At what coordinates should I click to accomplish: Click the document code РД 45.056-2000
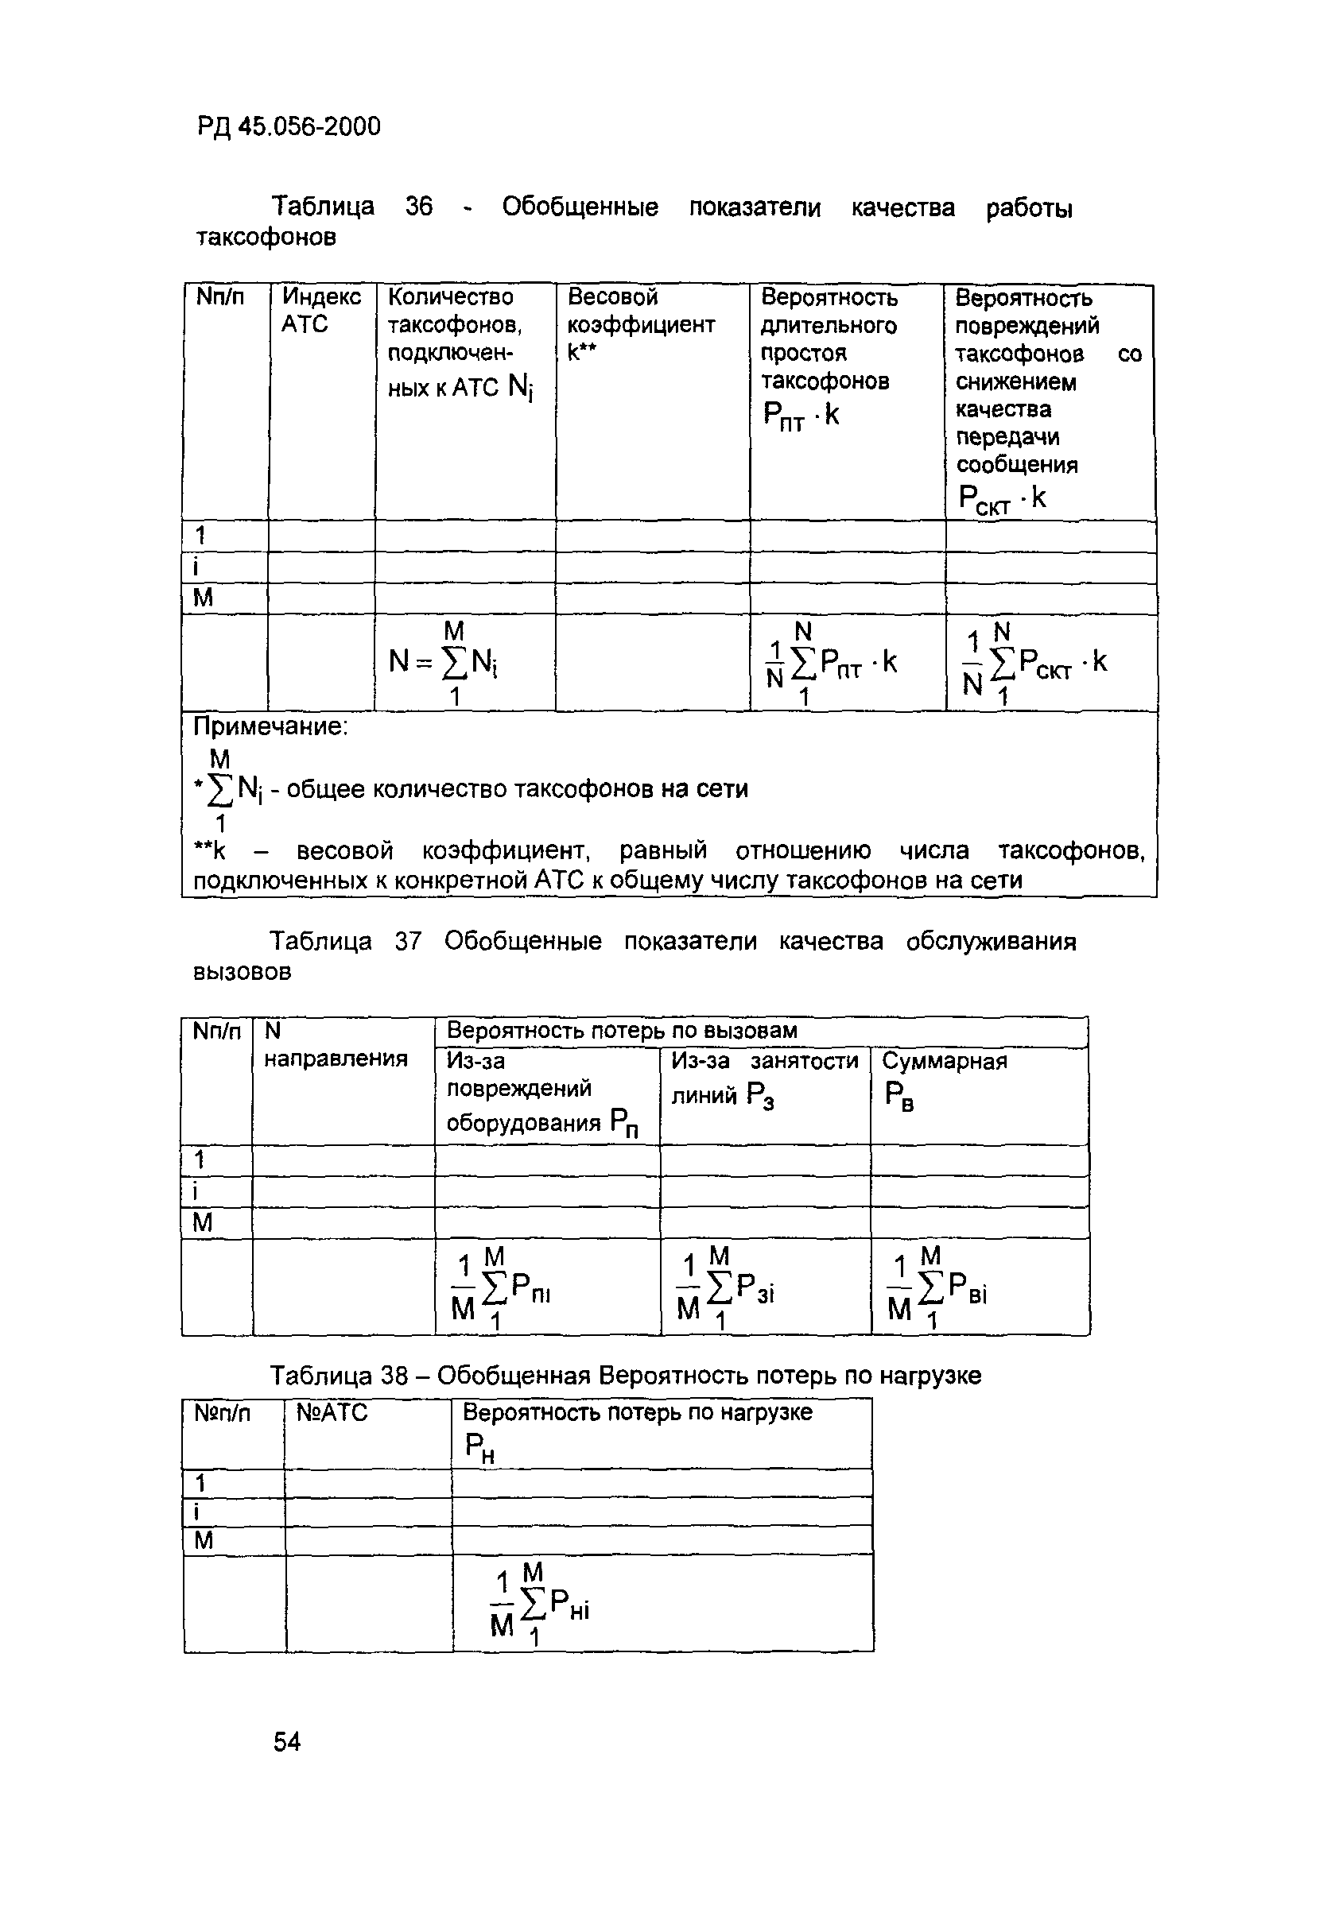click(x=289, y=126)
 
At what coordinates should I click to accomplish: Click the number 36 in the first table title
click(x=419, y=207)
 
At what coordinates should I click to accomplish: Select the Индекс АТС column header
click(x=320, y=310)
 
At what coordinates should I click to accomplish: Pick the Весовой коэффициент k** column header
click(x=641, y=323)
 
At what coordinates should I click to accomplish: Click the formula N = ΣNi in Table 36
click(x=445, y=663)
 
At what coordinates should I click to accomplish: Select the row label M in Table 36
click(x=203, y=598)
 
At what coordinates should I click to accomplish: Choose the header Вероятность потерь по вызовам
click(x=621, y=1030)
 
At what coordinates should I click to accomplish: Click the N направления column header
click(x=335, y=1045)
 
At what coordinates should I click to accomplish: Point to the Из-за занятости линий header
click(x=763, y=1077)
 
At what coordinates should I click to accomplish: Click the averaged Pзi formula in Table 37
click(x=727, y=1290)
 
